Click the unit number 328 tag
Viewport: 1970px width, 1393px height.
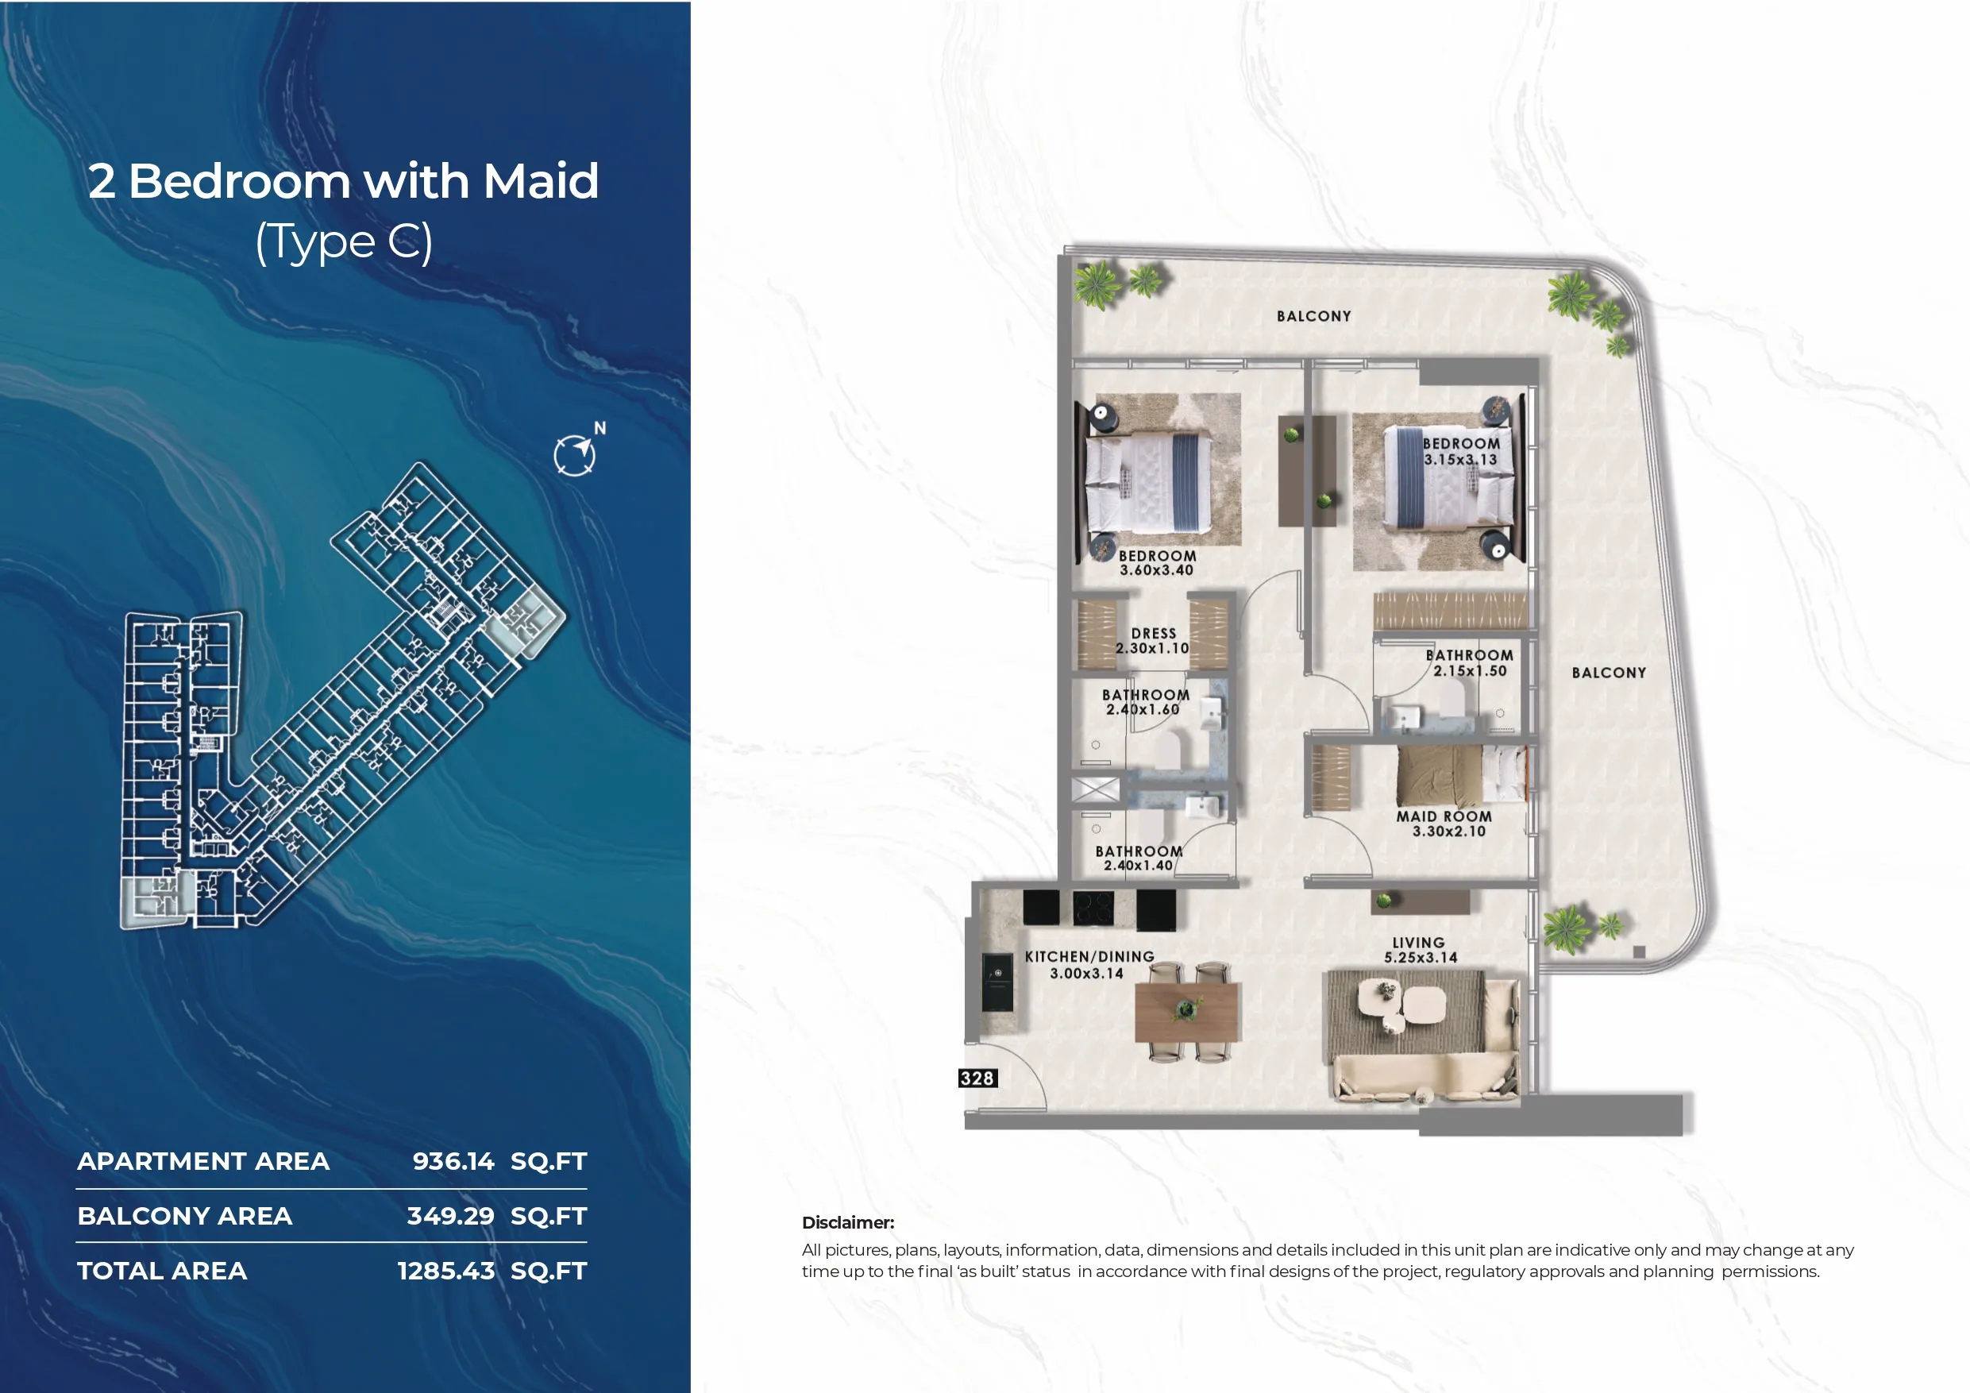[x=977, y=1078]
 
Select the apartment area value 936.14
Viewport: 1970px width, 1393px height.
[x=453, y=1161]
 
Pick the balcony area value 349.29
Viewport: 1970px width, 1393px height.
[x=450, y=1216]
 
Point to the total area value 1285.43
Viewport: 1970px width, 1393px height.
[x=446, y=1271]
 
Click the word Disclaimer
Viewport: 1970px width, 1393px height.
[x=848, y=1223]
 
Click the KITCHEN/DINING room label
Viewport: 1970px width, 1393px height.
[x=1089, y=956]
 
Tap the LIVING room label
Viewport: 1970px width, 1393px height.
[x=1418, y=943]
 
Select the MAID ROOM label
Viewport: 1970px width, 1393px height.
[x=1444, y=816]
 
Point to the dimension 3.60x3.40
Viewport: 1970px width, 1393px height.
[x=1157, y=570]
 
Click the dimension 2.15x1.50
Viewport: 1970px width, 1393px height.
[x=1470, y=671]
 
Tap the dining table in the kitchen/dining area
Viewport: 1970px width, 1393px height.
[x=1185, y=1012]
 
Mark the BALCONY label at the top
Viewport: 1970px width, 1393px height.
[x=1313, y=317]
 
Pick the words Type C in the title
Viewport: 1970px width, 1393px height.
[x=344, y=242]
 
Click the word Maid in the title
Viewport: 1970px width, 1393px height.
[x=541, y=181]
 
